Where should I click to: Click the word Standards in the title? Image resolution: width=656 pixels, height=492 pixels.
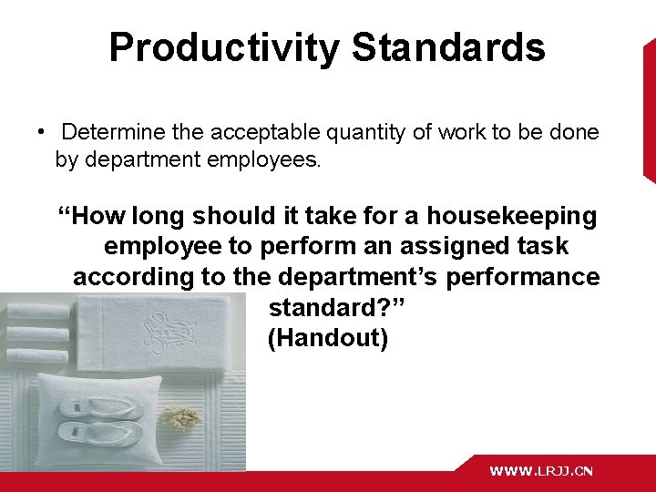[x=448, y=48]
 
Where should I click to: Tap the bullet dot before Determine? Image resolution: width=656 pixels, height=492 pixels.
[x=42, y=132]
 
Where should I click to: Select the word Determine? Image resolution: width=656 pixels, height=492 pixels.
[x=114, y=133]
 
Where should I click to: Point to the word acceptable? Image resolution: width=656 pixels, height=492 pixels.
[x=259, y=133]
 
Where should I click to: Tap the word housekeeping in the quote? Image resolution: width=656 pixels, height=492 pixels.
[x=512, y=217]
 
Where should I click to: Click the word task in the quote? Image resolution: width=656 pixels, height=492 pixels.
[x=544, y=247]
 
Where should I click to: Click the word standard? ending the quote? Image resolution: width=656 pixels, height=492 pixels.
[x=336, y=308]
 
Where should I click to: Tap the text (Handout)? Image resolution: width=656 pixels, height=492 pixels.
[x=328, y=339]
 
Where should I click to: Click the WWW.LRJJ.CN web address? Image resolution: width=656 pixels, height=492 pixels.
[x=541, y=471]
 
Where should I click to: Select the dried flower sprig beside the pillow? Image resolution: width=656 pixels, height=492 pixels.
[x=181, y=418]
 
